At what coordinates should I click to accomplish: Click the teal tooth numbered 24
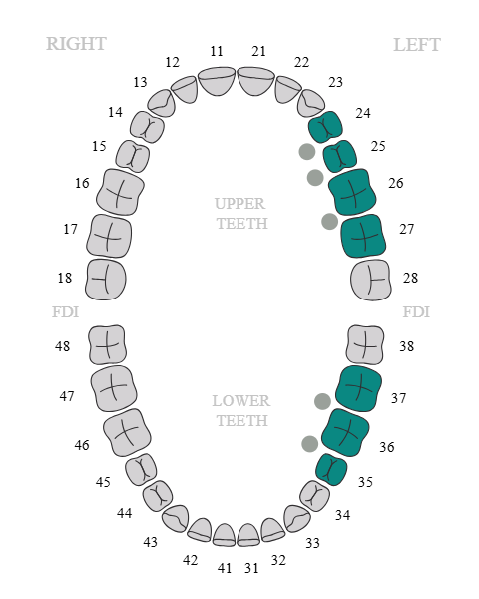[325, 127]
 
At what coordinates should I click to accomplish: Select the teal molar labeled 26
[352, 192]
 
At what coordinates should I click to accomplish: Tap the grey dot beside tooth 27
[329, 222]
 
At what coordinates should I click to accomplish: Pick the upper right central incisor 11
[217, 81]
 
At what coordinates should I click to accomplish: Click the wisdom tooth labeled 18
[106, 280]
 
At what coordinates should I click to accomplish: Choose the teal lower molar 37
[359, 389]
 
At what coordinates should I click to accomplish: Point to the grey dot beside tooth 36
[309, 444]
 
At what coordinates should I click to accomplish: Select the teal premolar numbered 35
[331, 469]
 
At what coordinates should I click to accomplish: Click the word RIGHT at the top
[76, 44]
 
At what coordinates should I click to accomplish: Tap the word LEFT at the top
[417, 45]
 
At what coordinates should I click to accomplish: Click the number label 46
[82, 445]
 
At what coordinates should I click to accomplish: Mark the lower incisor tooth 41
[224, 535]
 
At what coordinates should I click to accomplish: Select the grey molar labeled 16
[120, 192]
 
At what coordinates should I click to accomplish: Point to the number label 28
[410, 278]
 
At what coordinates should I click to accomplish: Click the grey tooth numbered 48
[107, 345]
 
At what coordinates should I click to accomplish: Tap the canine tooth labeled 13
[162, 103]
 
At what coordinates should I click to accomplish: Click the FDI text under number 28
[416, 312]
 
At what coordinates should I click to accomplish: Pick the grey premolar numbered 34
[314, 496]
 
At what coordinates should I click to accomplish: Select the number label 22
[301, 62]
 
